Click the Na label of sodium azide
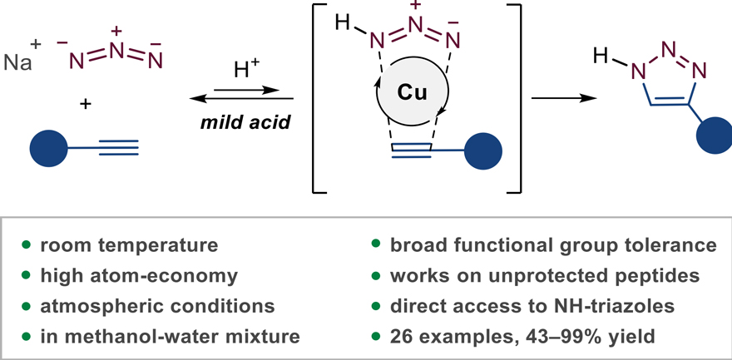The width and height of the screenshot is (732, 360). [17, 61]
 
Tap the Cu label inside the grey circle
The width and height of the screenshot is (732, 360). [413, 93]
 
